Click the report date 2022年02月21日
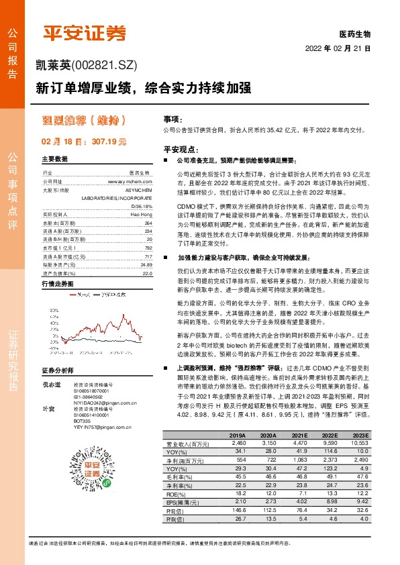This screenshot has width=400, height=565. click(338, 49)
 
